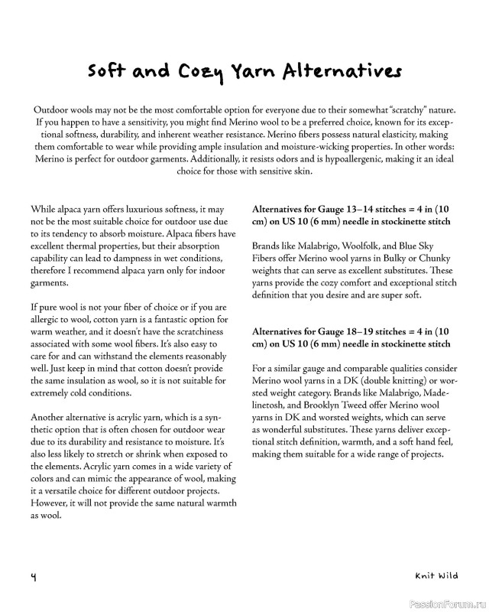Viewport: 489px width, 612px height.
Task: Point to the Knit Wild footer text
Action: pos(438,575)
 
